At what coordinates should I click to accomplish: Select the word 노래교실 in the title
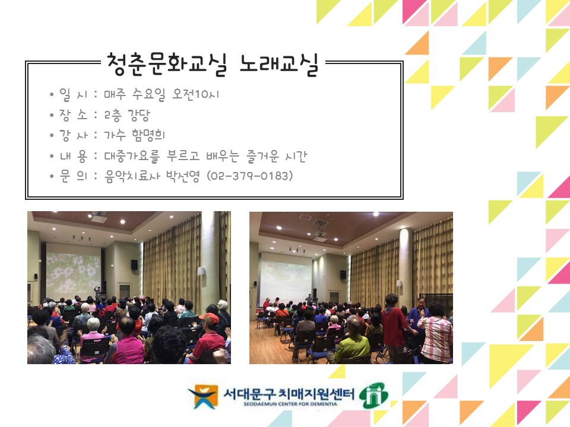(x=279, y=64)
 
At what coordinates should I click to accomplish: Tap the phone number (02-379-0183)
(x=250, y=176)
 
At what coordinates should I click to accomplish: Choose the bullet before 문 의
(x=52, y=177)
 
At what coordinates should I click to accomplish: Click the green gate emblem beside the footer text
(x=375, y=396)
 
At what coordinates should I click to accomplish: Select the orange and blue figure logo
(x=203, y=396)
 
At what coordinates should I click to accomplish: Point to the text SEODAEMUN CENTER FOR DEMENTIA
(x=290, y=403)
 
